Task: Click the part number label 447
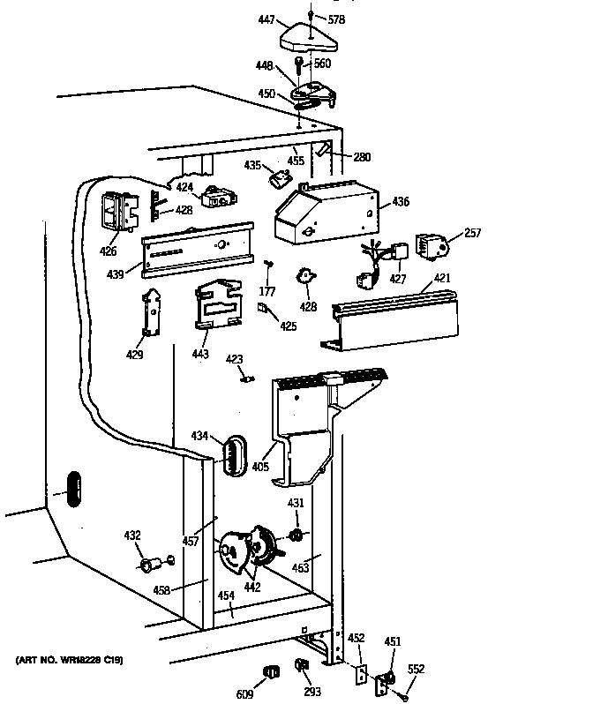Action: tap(266, 19)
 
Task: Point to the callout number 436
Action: tap(401, 202)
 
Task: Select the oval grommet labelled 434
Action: tap(231, 454)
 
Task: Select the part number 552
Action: tap(415, 670)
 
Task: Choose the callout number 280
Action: tap(362, 157)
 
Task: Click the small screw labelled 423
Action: tap(248, 379)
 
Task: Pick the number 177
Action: tap(266, 291)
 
